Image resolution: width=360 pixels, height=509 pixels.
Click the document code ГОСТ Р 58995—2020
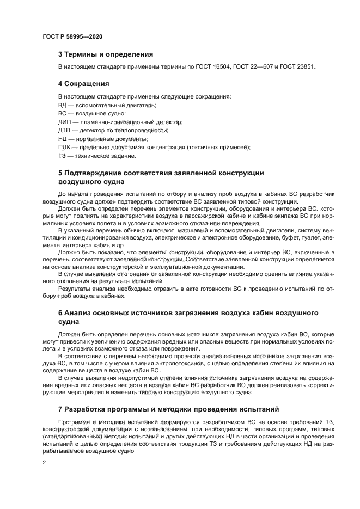pyautogui.click(x=72, y=36)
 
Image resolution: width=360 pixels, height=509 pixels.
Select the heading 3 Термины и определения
pyautogui.click(x=105, y=54)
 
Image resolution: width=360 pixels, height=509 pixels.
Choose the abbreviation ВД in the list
pyautogui.click(x=63, y=105)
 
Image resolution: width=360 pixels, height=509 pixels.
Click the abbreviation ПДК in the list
pyautogui.click(x=65, y=148)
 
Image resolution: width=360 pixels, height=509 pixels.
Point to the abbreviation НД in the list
pyautogui.click(x=63, y=139)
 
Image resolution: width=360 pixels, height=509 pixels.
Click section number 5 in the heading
pyautogui.click(x=60, y=174)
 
